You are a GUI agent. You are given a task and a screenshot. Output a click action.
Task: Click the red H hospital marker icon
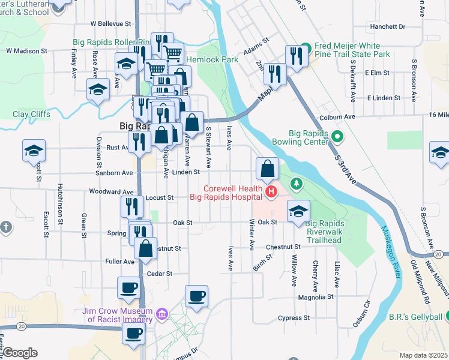point(271,193)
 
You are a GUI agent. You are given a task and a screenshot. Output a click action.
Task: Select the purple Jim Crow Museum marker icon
point(161,314)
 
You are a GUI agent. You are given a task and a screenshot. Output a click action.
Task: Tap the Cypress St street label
point(294,317)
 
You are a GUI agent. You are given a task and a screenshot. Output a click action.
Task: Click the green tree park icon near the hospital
point(294,182)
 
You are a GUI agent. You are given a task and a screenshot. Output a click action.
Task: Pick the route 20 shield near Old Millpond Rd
point(439,255)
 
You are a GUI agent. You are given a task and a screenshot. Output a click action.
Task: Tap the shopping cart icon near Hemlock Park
point(173,53)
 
